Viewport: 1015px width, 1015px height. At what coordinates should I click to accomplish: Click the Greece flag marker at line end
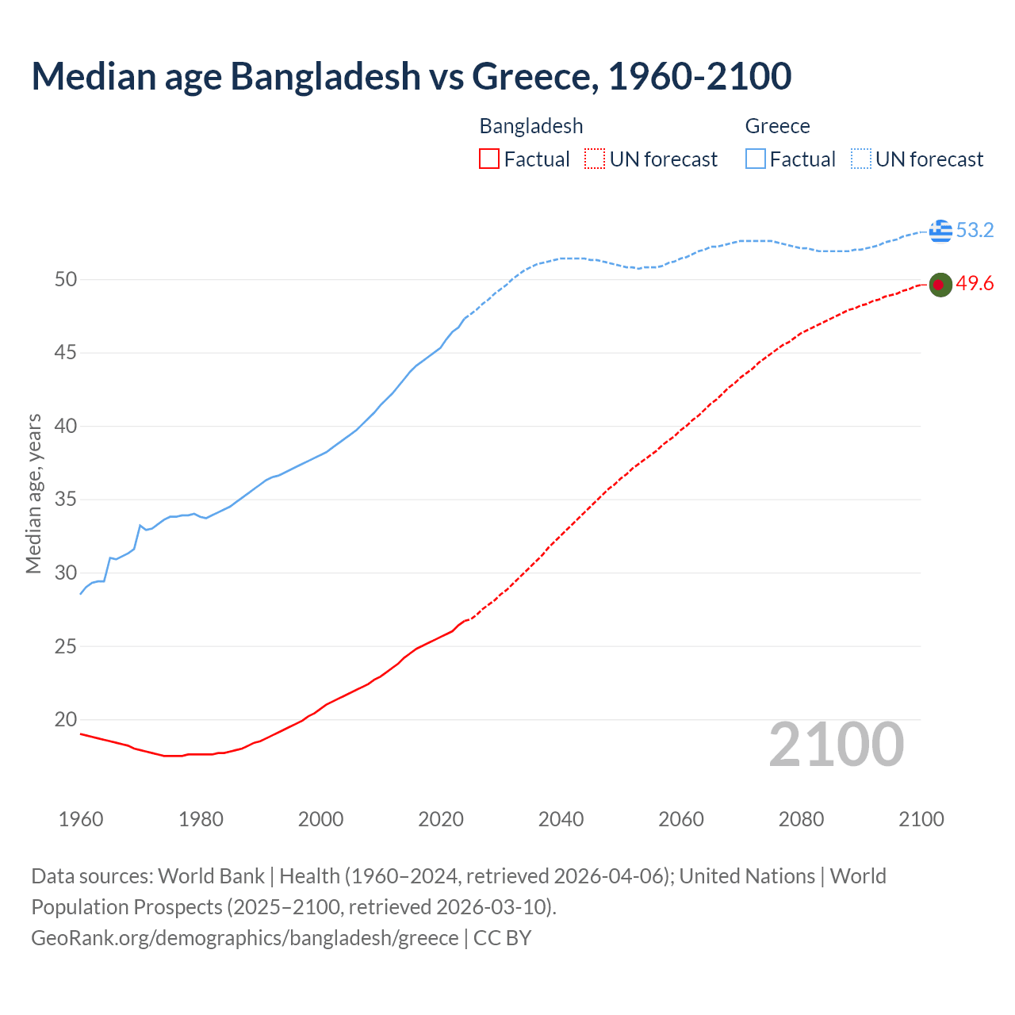tap(940, 230)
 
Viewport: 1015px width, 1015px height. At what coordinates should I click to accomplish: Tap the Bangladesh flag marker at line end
tap(940, 285)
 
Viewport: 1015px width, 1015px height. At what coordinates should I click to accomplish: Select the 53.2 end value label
tap(975, 230)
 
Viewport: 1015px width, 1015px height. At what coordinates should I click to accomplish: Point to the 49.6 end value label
tap(975, 284)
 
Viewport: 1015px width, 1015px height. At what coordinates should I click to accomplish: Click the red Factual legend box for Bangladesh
tap(489, 159)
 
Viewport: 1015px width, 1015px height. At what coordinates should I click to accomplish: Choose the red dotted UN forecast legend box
tap(595, 159)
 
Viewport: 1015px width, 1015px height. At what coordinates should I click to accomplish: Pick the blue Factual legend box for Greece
tap(756, 159)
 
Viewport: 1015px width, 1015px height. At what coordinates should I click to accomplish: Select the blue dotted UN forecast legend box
tap(861, 159)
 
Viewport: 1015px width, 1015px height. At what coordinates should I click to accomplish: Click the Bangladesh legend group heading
tap(531, 126)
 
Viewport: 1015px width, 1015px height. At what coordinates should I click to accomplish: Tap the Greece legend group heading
tap(777, 126)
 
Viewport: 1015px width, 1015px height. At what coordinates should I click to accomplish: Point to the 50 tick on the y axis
tap(66, 279)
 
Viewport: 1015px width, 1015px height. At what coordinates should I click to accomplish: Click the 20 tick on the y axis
tap(66, 720)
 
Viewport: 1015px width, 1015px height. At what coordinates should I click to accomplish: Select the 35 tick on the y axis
tap(66, 500)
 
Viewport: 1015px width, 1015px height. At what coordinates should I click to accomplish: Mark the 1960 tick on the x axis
tap(81, 819)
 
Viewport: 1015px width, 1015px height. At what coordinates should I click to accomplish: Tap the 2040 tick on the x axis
tap(561, 819)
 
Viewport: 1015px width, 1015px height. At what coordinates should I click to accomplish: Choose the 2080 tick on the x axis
tap(801, 819)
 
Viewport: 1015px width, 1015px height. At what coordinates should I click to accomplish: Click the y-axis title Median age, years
tap(33, 493)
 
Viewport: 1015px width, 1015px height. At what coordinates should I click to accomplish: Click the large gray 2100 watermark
tap(837, 745)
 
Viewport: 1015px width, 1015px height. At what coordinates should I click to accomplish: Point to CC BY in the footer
tap(502, 938)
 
